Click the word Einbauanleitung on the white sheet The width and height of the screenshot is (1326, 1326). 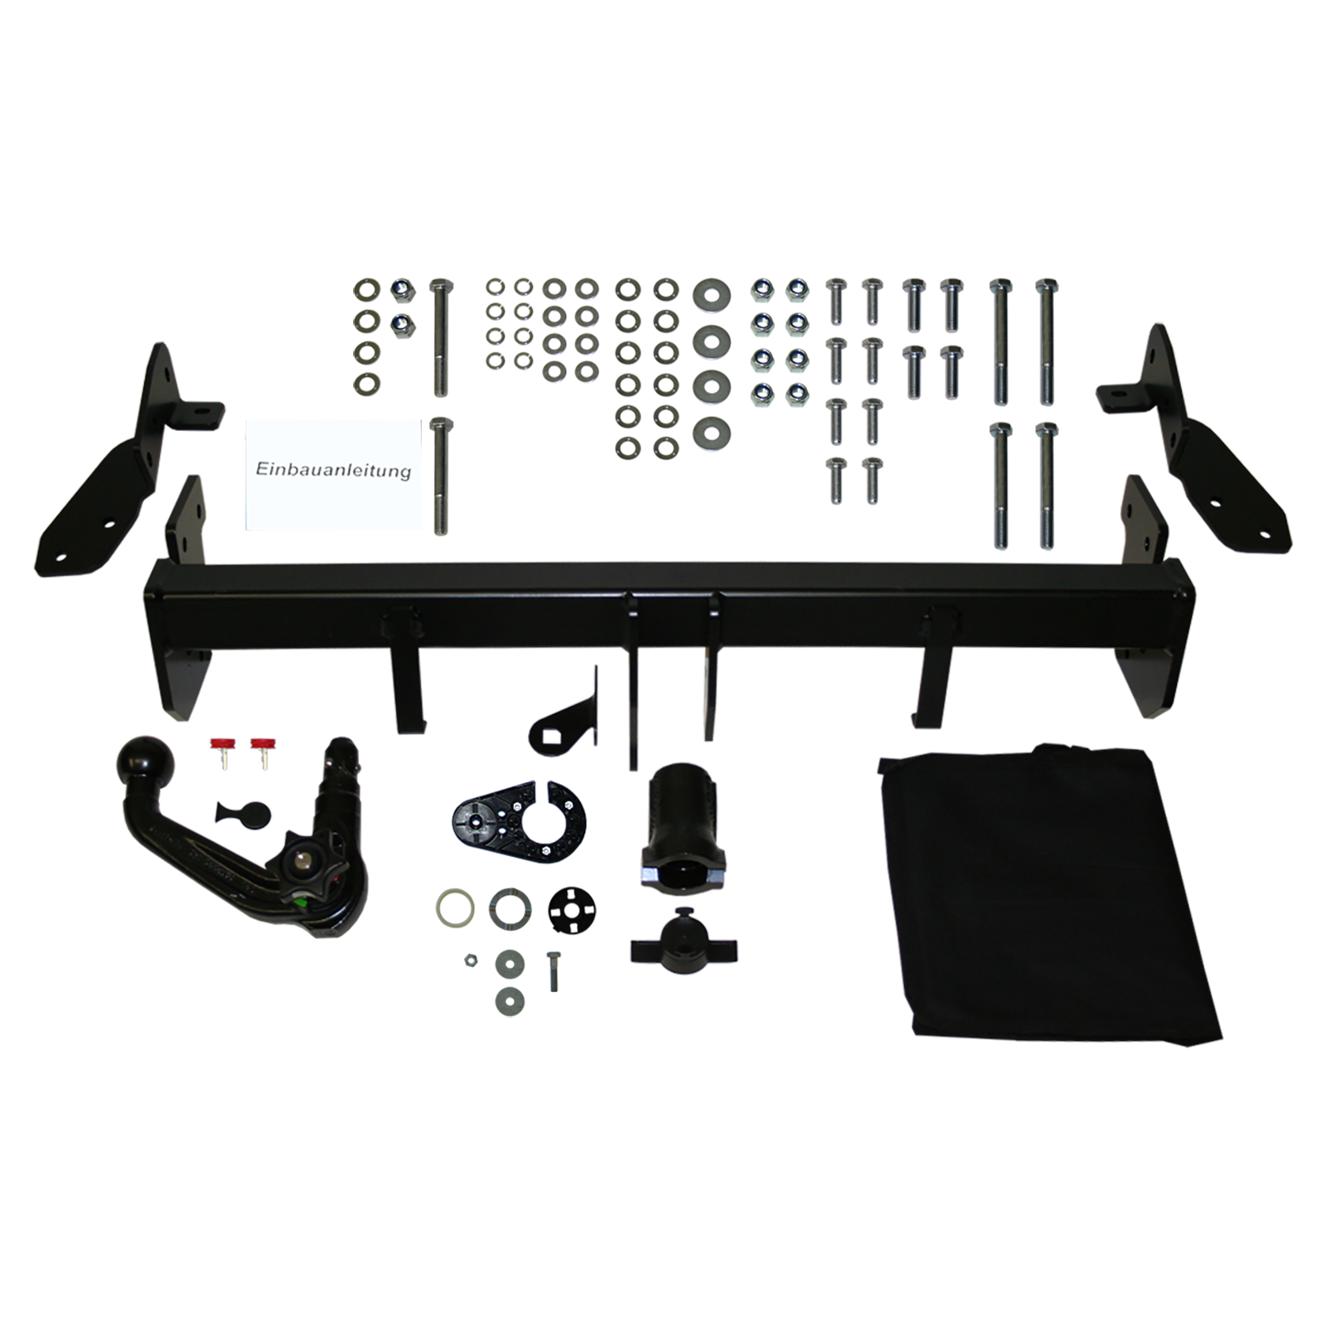tap(333, 470)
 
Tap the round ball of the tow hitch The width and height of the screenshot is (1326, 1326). tap(147, 760)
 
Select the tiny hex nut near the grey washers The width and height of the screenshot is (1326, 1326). tap(468, 960)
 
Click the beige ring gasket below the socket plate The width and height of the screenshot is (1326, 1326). tap(454, 907)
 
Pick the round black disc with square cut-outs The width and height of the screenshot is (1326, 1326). tap(573, 909)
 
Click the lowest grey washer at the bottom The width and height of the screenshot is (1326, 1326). tap(510, 1001)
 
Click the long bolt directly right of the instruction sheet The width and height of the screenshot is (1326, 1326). tap(439, 477)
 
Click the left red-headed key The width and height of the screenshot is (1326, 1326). tap(221, 750)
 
